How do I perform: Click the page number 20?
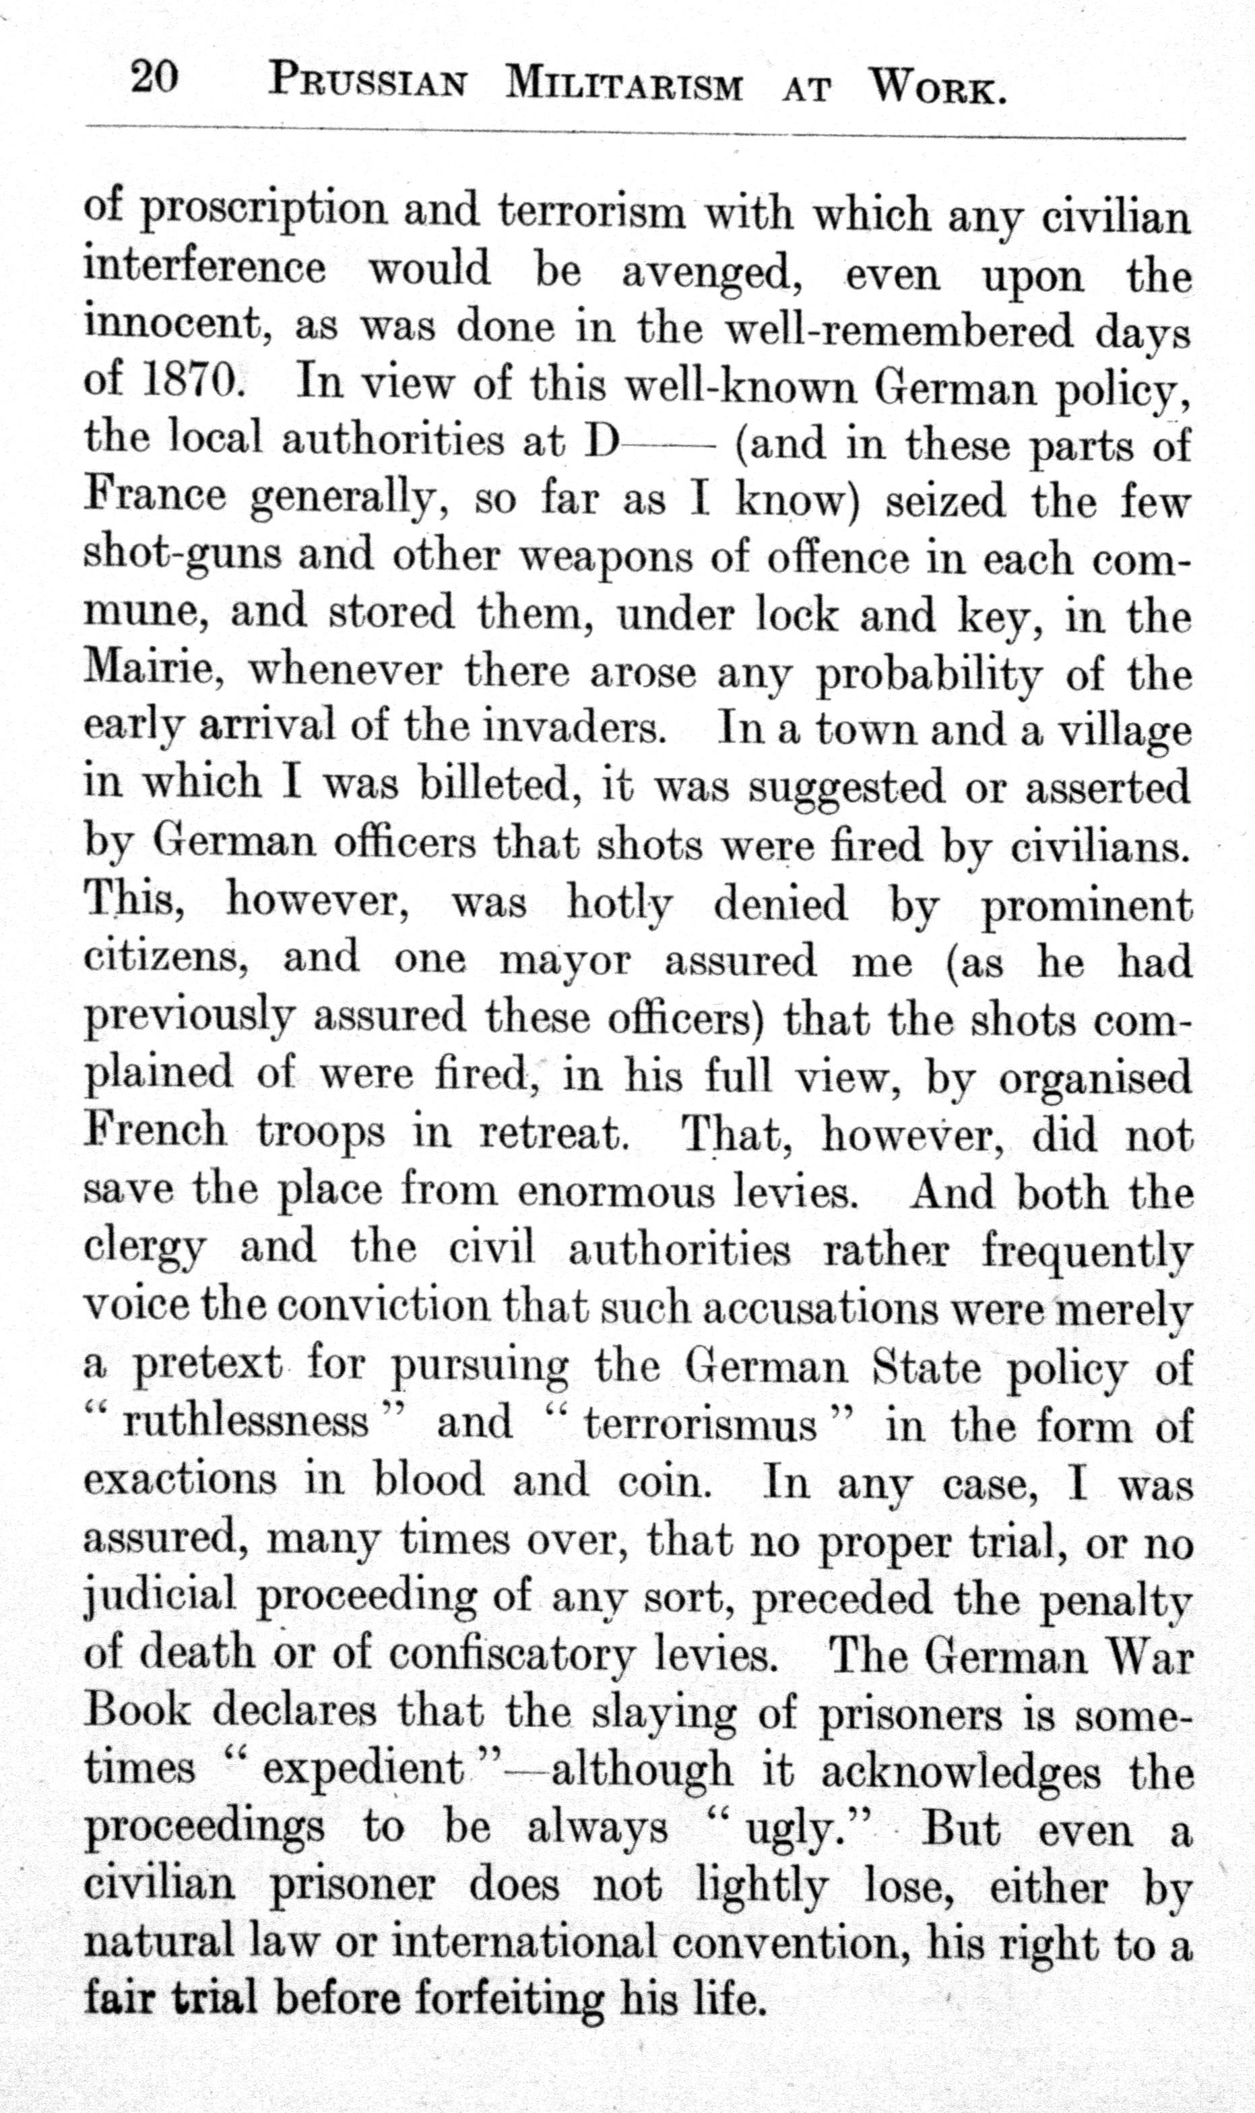click(154, 80)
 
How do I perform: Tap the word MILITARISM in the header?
click(624, 86)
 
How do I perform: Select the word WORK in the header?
click(938, 87)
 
